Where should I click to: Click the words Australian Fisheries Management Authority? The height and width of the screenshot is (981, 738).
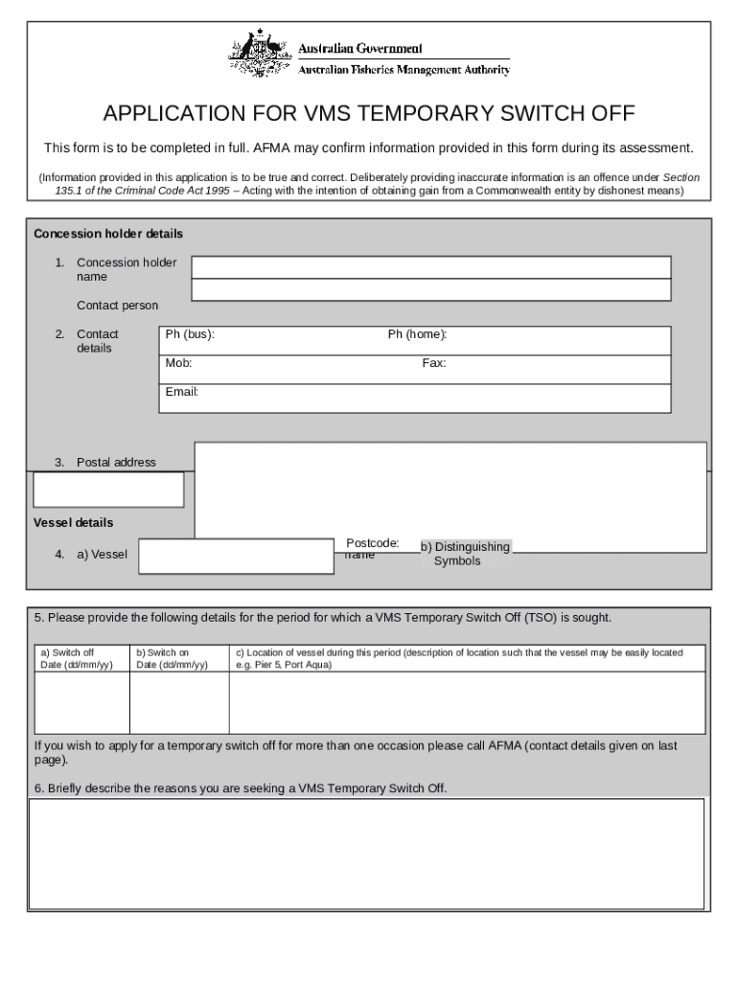pos(404,70)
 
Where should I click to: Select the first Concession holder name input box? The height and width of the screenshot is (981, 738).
pos(430,266)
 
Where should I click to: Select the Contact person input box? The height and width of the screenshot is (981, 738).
pos(430,290)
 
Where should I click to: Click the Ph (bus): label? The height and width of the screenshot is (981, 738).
pos(190,334)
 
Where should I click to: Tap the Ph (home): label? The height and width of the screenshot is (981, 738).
pos(417,334)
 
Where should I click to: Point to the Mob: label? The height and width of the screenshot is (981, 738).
pos(178,363)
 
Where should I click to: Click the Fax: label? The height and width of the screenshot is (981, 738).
pos(433,363)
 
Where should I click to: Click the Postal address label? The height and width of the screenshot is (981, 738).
pos(115,463)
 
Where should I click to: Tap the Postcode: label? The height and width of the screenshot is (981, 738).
pos(372,543)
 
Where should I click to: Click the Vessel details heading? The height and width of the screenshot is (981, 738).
pos(73,523)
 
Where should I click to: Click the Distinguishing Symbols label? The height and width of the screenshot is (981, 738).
pos(465,554)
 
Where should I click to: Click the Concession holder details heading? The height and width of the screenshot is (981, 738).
pos(108,234)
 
